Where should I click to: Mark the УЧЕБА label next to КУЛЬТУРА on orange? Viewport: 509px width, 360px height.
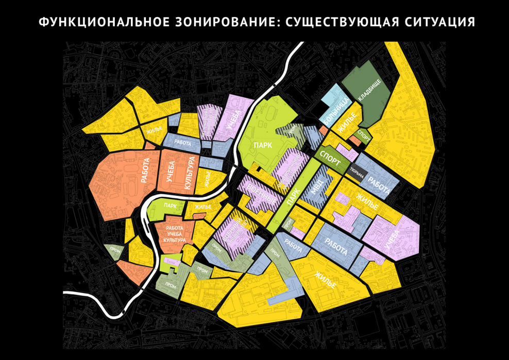172,173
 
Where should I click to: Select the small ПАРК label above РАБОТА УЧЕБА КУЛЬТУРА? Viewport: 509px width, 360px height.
170,205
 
